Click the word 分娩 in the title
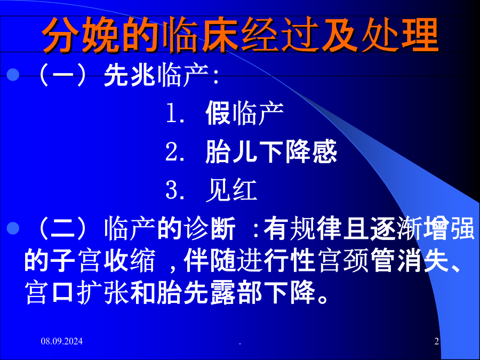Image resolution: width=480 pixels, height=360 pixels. pyautogui.click(x=82, y=35)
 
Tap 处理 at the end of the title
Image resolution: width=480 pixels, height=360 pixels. pyautogui.click(x=400, y=35)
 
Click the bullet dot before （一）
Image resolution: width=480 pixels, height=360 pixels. pyautogui.click(x=13, y=75)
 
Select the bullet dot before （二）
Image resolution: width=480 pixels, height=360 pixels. pyautogui.click(x=13, y=228)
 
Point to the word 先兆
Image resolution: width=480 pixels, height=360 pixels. pyautogui.click(x=130, y=75)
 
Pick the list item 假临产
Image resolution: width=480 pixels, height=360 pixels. pyautogui.click(x=244, y=113)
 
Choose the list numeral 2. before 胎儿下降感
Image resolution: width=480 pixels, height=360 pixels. pyautogui.click(x=175, y=151)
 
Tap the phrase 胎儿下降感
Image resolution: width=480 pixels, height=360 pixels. pyautogui.click(x=271, y=151)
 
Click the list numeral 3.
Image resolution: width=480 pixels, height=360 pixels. pyautogui.click(x=175, y=190)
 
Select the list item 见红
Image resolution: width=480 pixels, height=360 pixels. pyautogui.click(x=231, y=190)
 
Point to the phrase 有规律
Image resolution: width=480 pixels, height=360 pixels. pyautogui.click(x=303, y=228)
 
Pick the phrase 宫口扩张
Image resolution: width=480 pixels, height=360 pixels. pyautogui.click(x=76, y=293)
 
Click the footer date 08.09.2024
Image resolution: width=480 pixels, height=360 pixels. pyautogui.click(x=62, y=341)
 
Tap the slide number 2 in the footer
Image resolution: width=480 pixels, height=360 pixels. pyautogui.click(x=436, y=341)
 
